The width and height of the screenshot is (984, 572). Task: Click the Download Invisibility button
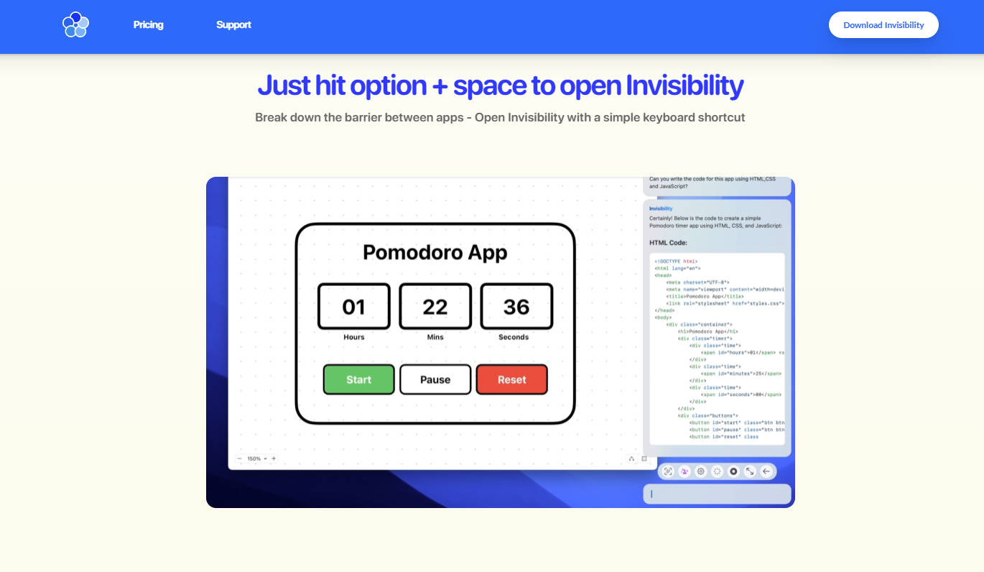[x=883, y=24]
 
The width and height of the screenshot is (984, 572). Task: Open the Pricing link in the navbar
[x=149, y=24]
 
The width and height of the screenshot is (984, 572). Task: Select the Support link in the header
[x=233, y=24]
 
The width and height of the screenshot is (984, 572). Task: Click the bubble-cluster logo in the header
[x=75, y=24]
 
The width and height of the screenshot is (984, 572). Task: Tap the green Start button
[x=358, y=379]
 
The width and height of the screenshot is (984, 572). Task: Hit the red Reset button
[x=511, y=379]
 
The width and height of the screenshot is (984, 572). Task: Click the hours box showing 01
[x=354, y=307]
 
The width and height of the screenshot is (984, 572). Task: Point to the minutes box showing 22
[x=435, y=307]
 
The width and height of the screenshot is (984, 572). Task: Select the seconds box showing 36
[x=516, y=307]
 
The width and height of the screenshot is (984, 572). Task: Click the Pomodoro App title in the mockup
[x=435, y=252]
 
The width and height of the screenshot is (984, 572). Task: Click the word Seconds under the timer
[x=514, y=337]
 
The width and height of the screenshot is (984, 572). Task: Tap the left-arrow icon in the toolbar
[x=766, y=471]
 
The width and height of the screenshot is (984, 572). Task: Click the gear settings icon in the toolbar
[x=701, y=471]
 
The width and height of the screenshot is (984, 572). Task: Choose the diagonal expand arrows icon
[x=750, y=471]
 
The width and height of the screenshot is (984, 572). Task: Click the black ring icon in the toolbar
[x=733, y=471]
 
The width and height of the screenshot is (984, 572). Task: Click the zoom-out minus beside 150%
[x=239, y=458]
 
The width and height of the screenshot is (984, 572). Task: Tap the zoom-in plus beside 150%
[x=274, y=458]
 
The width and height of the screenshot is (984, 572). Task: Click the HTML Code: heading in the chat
[x=668, y=243]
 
